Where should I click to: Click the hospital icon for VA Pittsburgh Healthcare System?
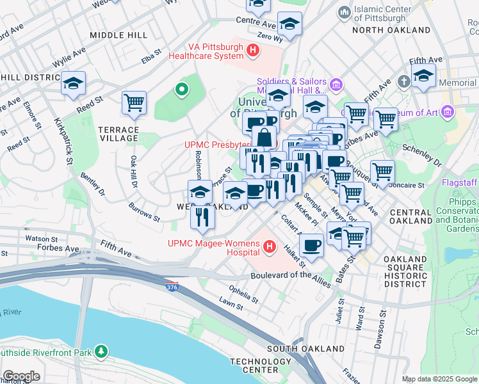point(254,51)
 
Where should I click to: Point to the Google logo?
point(20,376)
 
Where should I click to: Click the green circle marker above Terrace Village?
point(182,90)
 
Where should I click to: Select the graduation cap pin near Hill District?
point(74,83)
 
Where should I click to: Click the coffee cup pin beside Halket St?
point(312,244)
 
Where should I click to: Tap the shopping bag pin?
point(264,136)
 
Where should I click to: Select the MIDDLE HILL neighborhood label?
point(118,35)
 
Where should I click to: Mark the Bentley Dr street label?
point(92,184)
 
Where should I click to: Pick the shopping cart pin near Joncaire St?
point(382,171)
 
